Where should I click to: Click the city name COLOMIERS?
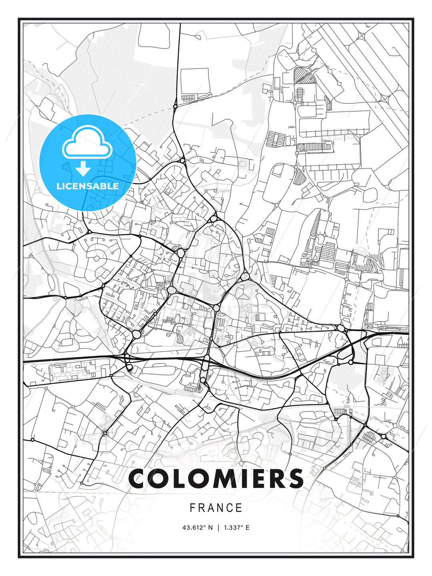click(x=216, y=478)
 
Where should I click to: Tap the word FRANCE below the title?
click(x=216, y=508)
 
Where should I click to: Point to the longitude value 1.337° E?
click(x=236, y=528)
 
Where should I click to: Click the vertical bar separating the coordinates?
click(x=218, y=528)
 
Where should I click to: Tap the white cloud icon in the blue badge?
click(x=87, y=143)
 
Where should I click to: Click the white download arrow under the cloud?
click(x=83, y=169)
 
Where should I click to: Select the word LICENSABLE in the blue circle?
click(x=88, y=186)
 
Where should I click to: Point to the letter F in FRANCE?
click(x=192, y=508)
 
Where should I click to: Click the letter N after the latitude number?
click(x=211, y=528)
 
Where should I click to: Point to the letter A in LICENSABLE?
click(x=96, y=186)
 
